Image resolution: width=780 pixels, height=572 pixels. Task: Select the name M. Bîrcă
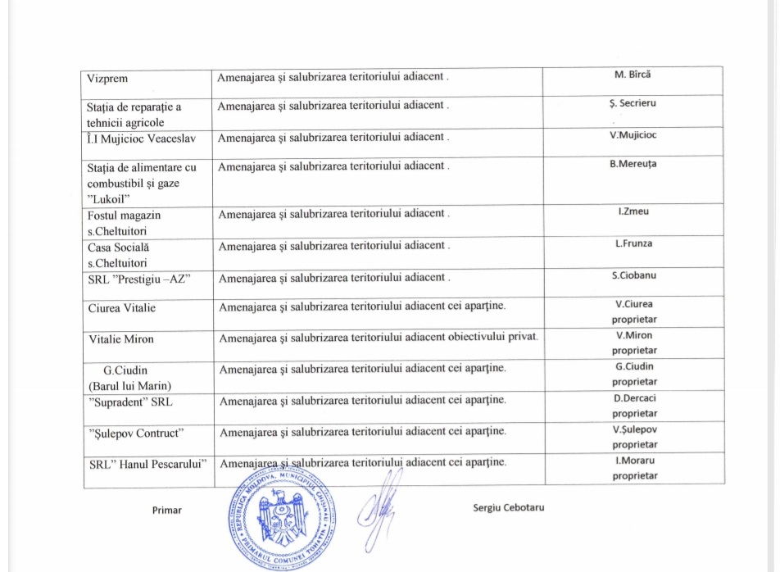click(x=633, y=75)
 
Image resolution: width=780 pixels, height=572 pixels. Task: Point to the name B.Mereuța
click(x=633, y=163)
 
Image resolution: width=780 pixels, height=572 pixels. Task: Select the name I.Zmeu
click(x=633, y=212)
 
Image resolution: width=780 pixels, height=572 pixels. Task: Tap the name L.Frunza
click(x=633, y=243)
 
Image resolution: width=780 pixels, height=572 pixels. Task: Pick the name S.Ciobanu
click(x=633, y=275)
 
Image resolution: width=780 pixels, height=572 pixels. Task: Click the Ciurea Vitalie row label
click(x=122, y=308)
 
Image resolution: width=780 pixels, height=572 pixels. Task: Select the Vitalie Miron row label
click(x=121, y=338)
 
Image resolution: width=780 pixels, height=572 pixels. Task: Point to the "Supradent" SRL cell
click(x=130, y=402)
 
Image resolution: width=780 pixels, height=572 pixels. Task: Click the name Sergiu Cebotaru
click(x=509, y=507)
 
